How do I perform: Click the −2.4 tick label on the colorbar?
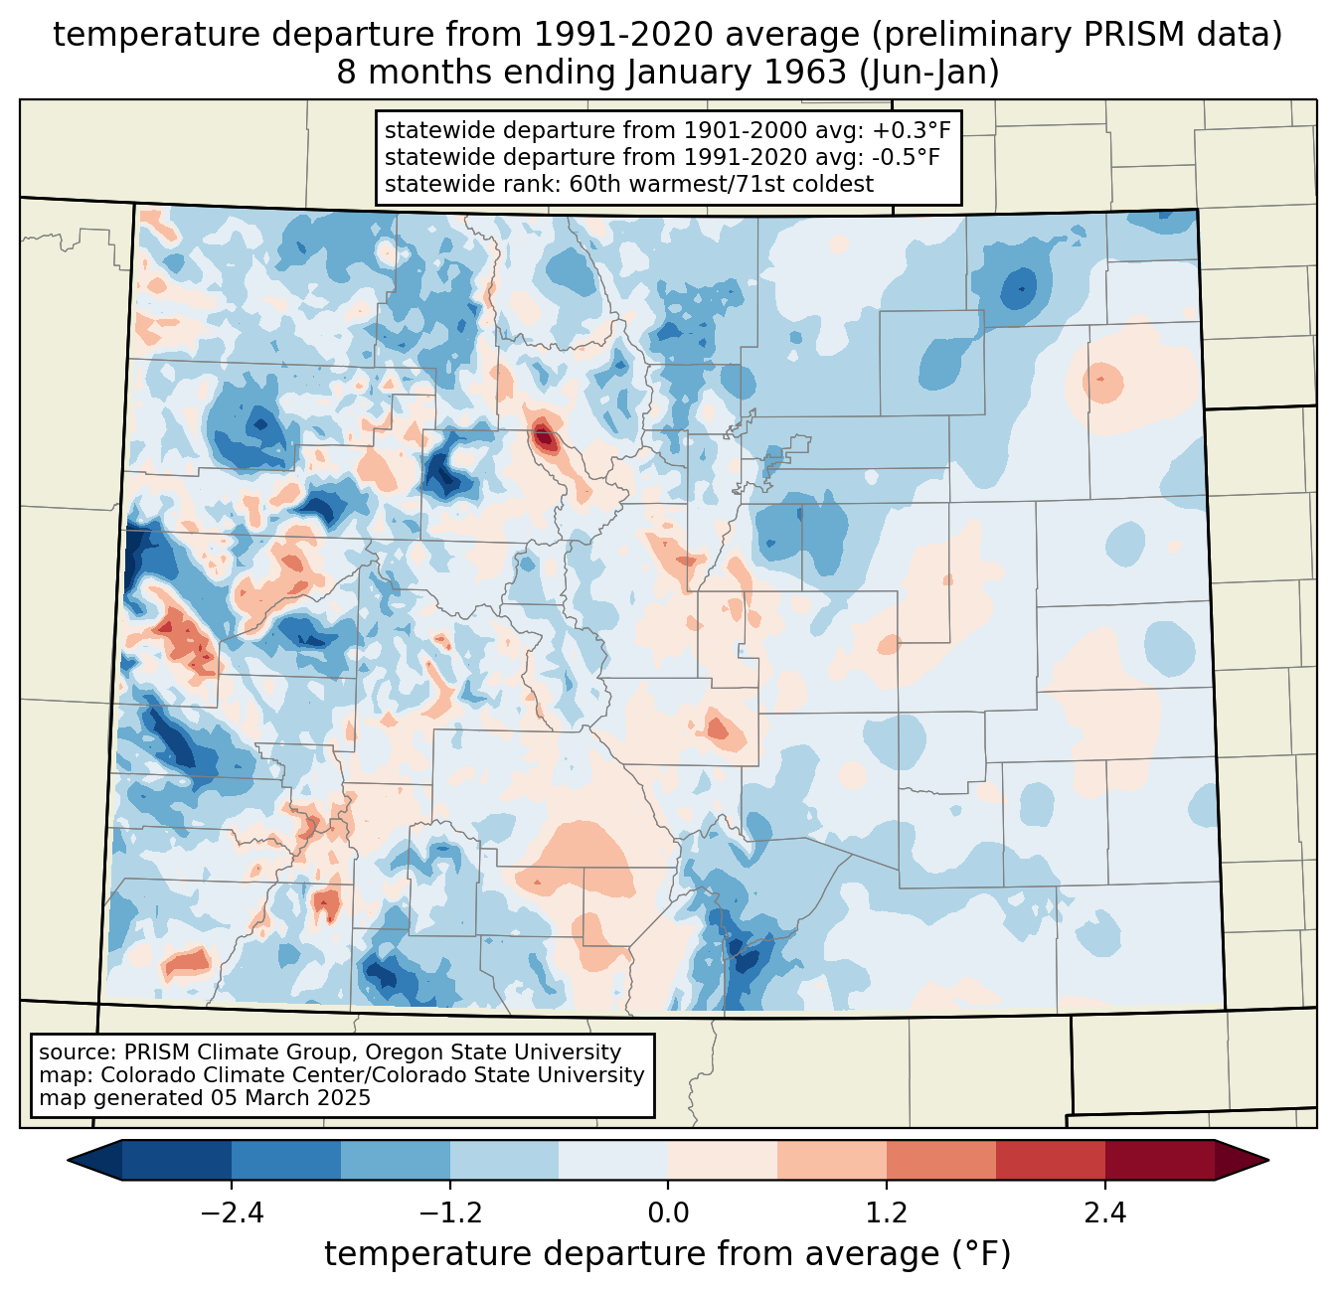232,1213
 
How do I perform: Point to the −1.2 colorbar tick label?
450,1213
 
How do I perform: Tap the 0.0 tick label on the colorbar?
668,1213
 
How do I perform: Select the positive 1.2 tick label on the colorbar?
887,1213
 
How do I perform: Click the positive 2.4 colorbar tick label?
1104,1213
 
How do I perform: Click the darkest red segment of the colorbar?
1159,1160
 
